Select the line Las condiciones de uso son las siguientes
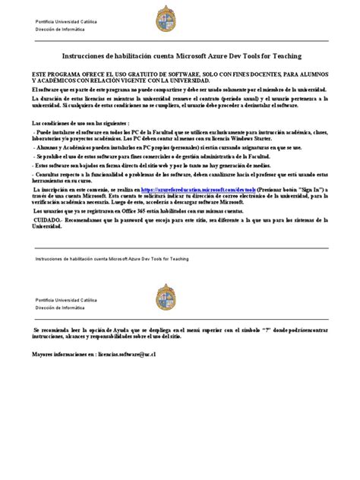(80, 123)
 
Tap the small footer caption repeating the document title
(112, 259)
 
